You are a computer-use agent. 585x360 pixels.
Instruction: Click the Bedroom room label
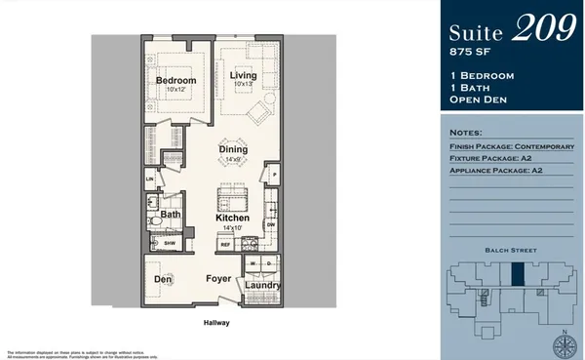coord(176,80)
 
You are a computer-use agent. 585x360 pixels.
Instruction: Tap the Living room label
coord(242,75)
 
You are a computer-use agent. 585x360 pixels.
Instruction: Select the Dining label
coord(232,149)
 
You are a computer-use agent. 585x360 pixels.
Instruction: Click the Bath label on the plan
coord(171,215)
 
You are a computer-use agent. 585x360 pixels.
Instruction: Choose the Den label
coord(163,279)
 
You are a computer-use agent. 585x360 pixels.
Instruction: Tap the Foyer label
coord(217,279)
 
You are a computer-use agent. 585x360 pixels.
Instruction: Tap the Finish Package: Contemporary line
coord(511,145)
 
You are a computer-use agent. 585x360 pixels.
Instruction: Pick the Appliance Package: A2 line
coord(497,171)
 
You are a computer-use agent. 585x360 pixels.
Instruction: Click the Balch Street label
coord(510,251)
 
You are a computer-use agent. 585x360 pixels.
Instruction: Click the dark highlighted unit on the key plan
coord(519,275)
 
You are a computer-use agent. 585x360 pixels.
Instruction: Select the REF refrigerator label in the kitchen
coord(224,245)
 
